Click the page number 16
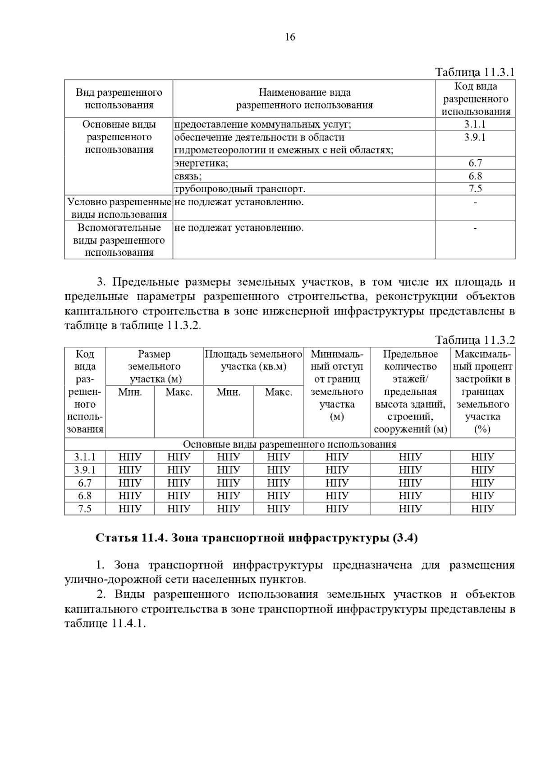[x=290, y=37]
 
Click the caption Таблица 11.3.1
[x=474, y=72]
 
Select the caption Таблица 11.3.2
[x=474, y=340]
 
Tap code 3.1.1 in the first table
[x=475, y=125]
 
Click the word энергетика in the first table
[x=201, y=163]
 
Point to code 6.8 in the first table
[x=475, y=176]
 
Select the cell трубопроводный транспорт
[x=239, y=189]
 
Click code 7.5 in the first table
[x=475, y=189]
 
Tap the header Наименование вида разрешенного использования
[x=304, y=99]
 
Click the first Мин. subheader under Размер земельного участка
[x=130, y=392]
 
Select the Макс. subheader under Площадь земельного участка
[x=278, y=392]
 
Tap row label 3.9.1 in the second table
[x=85, y=470]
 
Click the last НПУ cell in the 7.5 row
[x=482, y=508]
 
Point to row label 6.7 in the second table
[x=85, y=483]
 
